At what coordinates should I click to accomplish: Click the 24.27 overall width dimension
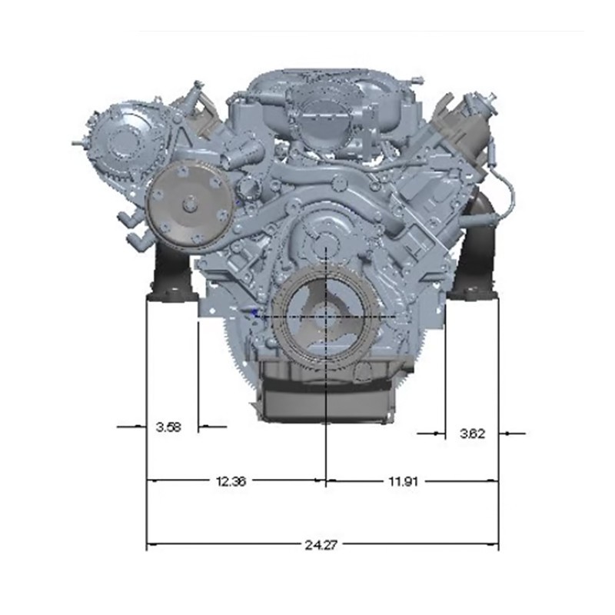pos(321,545)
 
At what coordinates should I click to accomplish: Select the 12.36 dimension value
pos(231,481)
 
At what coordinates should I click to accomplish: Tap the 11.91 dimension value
pos(403,481)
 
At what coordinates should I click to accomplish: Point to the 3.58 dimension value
pos(168,427)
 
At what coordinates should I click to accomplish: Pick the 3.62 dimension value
pos(472,434)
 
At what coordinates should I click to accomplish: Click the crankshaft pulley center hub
pos(326,316)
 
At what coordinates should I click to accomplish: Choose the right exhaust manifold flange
pos(472,294)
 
